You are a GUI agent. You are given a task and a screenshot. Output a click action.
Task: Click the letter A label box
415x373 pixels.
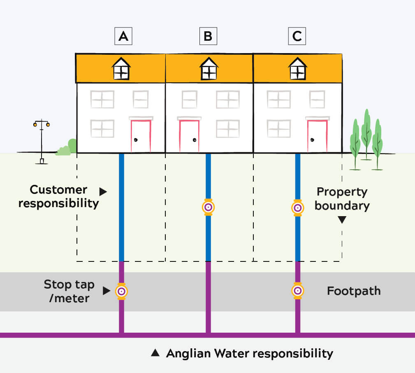pos(123,37)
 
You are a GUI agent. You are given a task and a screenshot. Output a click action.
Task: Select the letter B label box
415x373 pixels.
pos(208,37)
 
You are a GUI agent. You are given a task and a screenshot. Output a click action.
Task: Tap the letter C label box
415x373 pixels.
pos(297,37)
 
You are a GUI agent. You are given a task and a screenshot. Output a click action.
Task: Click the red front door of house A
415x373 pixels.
pos(141,135)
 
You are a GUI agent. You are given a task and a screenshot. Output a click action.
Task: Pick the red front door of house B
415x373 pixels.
pos(189,135)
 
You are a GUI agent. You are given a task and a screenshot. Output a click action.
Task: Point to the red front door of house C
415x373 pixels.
pos(318,135)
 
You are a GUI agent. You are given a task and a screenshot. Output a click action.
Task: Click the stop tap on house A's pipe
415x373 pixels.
pos(121,291)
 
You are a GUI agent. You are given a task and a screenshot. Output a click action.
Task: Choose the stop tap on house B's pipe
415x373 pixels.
pos(208,207)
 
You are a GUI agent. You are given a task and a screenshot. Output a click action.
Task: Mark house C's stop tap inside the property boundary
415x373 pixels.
pos(297,207)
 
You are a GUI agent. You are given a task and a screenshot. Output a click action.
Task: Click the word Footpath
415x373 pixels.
pos(354,291)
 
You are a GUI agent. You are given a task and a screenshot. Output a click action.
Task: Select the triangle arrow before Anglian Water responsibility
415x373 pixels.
pos(155,353)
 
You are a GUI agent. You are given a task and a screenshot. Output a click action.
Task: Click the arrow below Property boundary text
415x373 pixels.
pos(342,221)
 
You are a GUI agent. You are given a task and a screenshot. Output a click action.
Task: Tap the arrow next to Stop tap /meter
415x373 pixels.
pos(107,291)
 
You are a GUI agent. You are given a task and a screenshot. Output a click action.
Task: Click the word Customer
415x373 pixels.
pos(58,190)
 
